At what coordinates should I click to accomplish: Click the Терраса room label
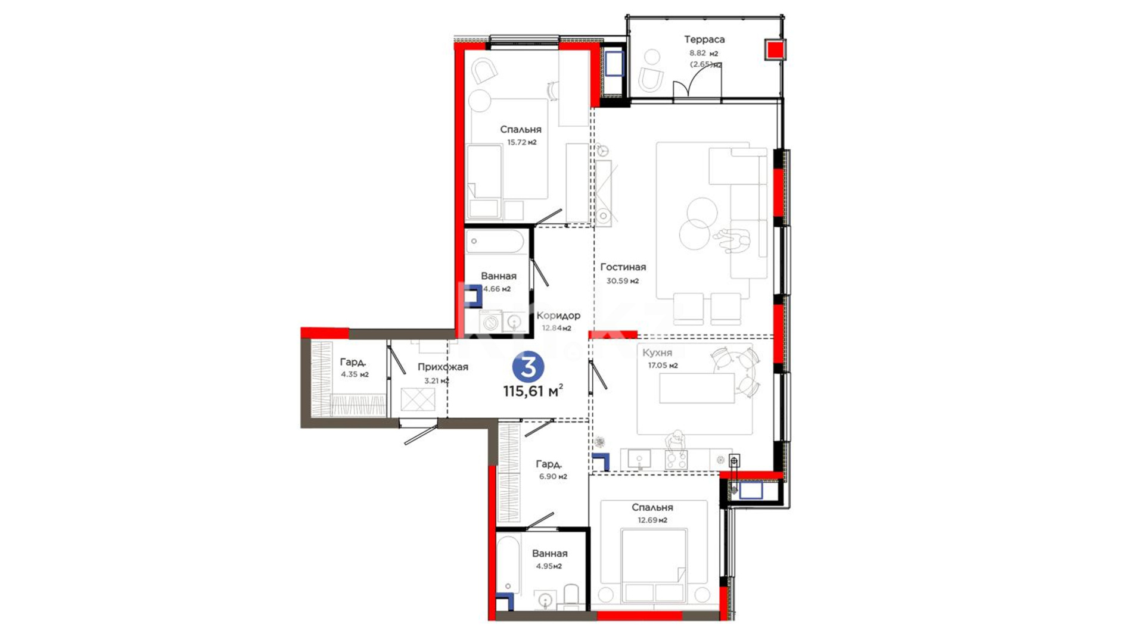[704, 40]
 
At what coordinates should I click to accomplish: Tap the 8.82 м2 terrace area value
[704, 53]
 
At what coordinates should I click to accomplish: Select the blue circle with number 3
[528, 366]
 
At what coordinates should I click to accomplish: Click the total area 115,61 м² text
[533, 391]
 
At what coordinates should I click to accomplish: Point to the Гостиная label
[623, 267]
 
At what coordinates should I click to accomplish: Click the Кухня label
[657, 352]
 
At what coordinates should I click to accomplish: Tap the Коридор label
[558, 316]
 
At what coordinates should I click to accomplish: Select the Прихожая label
[443, 367]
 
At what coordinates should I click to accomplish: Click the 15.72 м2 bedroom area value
[522, 142]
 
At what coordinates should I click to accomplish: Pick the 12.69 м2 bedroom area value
[652, 520]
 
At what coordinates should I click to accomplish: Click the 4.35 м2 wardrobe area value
[355, 374]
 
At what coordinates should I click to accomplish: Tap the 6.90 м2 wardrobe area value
[553, 476]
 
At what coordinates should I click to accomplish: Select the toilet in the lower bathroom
[571, 597]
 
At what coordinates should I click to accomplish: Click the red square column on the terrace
[775, 49]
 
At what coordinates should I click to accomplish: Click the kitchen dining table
[697, 388]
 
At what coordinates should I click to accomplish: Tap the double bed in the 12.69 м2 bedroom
[653, 565]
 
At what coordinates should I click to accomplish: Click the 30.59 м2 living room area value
[623, 281]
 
